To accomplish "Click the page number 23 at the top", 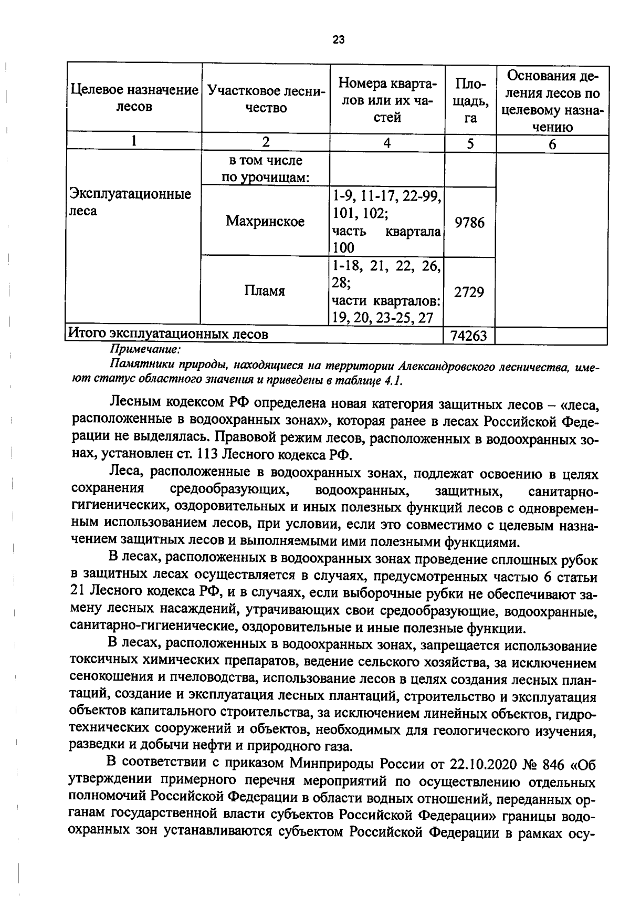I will pyautogui.click(x=339, y=39).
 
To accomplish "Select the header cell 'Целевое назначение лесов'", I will pyautogui.click(x=134, y=98).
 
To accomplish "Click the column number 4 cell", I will pyautogui.click(x=387, y=143).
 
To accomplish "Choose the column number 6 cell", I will pyautogui.click(x=552, y=144).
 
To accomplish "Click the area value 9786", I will pyautogui.click(x=470, y=223).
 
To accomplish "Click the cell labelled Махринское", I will pyautogui.click(x=265, y=222).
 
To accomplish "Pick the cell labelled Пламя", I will pyautogui.click(x=265, y=291).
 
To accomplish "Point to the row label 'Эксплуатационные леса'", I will pyautogui.click(x=131, y=203).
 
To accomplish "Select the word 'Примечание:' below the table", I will pyautogui.click(x=145, y=349).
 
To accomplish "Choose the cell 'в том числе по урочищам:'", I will pyautogui.click(x=265, y=169).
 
